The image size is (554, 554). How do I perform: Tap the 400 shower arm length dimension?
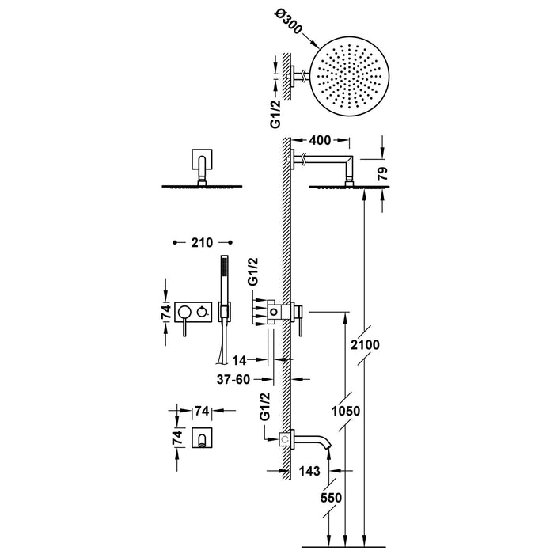pyautogui.click(x=321, y=140)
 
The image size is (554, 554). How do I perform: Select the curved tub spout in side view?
pyautogui.click(x=313, y=440)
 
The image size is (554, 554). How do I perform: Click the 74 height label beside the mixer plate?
pyautogui.click(x=165, y=313)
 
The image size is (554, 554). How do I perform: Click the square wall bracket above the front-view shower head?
pyautogui.click(x=203, y=162)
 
